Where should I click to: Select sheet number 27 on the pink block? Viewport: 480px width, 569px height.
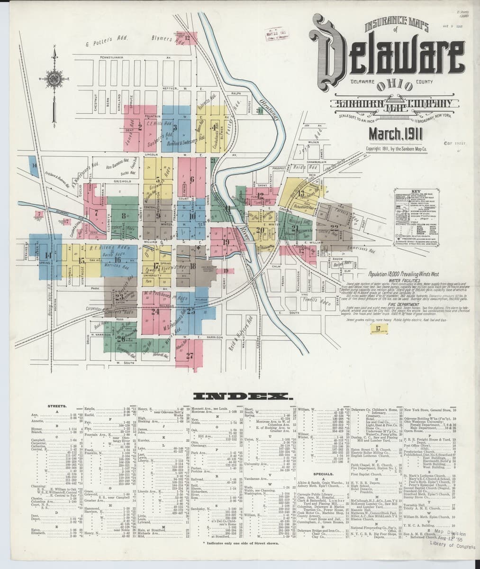(190, 355)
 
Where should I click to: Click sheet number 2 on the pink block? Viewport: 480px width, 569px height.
(140, 127)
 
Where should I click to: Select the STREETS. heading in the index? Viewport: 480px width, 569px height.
(56, 406)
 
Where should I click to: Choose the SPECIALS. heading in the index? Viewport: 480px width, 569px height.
(324, 474)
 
